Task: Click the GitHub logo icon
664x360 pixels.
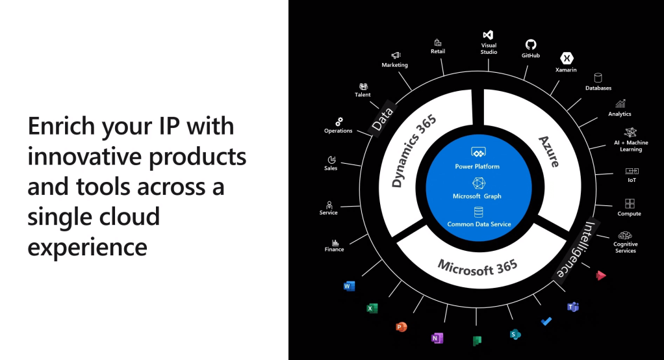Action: pos(530,44)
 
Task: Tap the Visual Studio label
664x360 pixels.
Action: pos(489,49)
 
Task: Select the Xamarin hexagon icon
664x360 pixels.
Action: pos(566,58)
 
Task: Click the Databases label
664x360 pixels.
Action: pos(598,88)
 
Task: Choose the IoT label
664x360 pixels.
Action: pos(632,180)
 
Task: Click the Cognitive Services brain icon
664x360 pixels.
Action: pos(625,235)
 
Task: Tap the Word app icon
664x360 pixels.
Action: pos(349,286)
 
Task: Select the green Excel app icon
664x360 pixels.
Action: pos(372,309)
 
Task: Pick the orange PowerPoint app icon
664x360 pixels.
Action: pos(402,327)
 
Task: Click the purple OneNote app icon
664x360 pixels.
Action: pos(437,338)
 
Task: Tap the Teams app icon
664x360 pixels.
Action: pos(573,307)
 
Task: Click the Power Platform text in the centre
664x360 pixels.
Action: pos(478,166)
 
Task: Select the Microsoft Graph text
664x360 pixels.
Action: pos(478,196)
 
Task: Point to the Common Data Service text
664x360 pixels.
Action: pos(479,224)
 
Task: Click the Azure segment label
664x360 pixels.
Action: pos(549,151)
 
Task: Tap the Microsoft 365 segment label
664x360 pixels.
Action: pos(478,266)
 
